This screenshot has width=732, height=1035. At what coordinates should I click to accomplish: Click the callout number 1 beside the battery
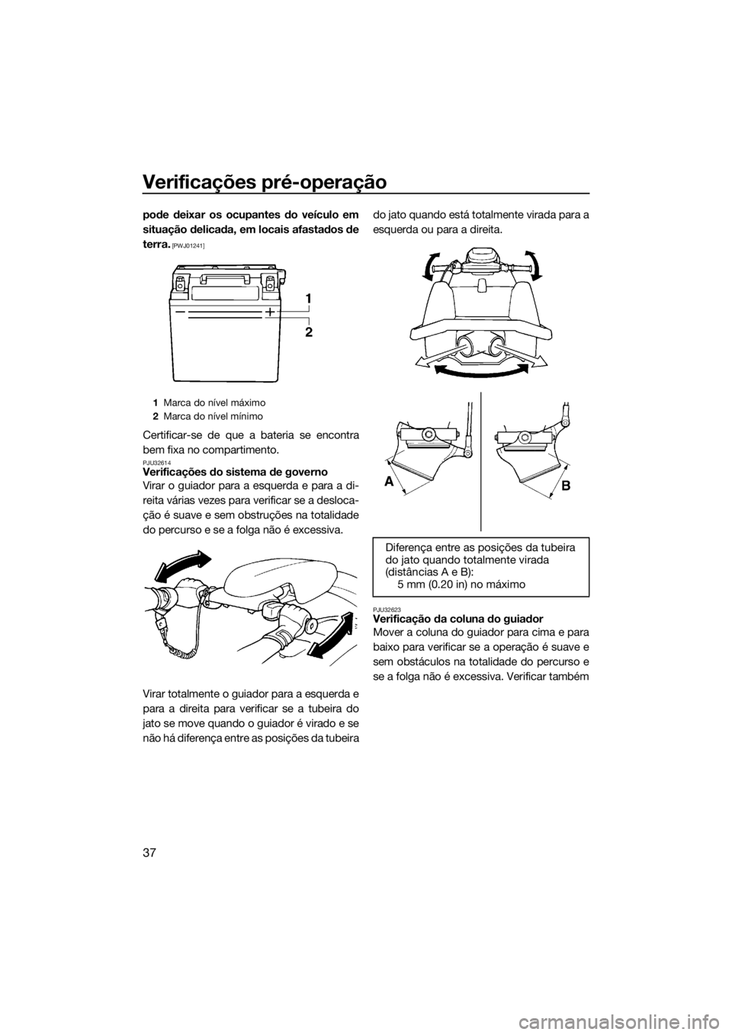[308, 299]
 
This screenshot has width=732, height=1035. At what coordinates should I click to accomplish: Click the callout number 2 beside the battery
[309, 332]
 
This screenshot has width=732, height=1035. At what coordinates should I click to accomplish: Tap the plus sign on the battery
[269, 312]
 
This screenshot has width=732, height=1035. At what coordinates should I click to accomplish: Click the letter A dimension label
[389, 482]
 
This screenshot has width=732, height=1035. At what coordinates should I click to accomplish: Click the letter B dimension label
[567, 485]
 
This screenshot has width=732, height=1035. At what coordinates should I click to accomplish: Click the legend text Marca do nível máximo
[214, 402]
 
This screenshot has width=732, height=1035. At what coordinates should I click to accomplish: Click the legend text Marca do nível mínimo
[213, 416]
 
